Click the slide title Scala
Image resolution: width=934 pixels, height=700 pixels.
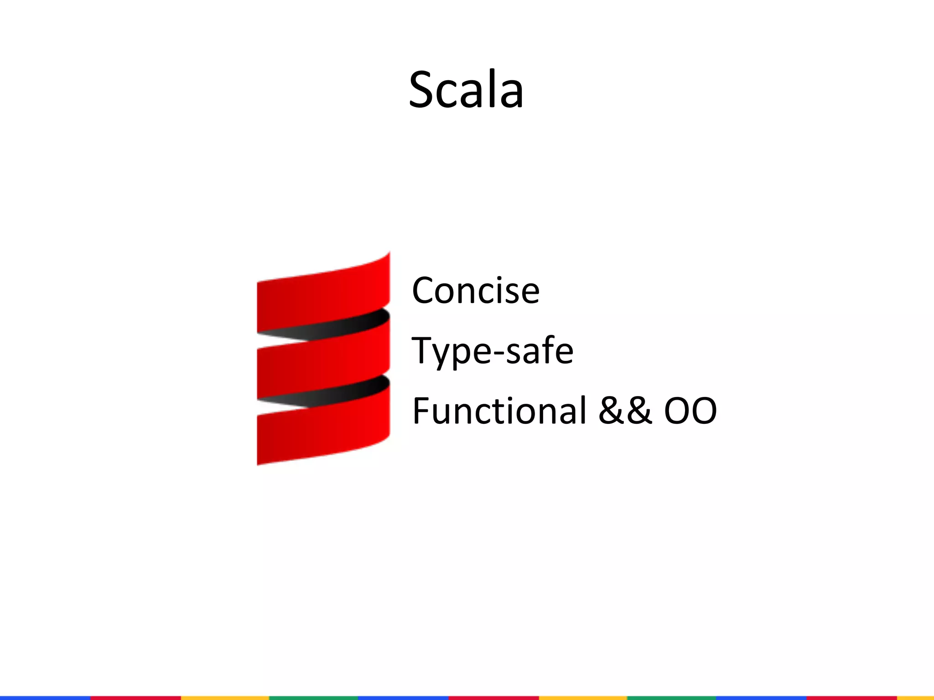pos(466,89)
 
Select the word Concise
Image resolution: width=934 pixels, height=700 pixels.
pos(476,290)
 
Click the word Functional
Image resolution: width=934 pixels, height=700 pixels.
pos(499,411)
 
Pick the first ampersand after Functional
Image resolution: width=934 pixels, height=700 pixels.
pos(611,411)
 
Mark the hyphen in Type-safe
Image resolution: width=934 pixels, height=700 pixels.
pos(497,353)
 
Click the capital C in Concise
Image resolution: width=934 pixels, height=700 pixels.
pos(425,290)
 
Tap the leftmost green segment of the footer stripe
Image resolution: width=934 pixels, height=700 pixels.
pos(313,698)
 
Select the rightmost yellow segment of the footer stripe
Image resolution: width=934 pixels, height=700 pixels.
pos(915,698)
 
